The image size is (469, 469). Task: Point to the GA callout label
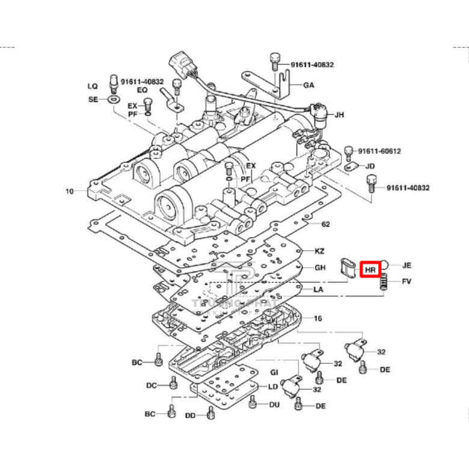pyautogui.click(x=308, y=85)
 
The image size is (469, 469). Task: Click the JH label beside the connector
pyautogui.click(x=339, y=114)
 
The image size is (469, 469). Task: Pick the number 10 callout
pyautogui.click(x=70, y=191)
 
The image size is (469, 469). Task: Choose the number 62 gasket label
pyautogui.click(x=325, y=224)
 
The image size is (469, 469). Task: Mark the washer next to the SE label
pyautogui.click(x=112, y=99)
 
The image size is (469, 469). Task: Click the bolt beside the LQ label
pyautogui.click(x=112, y=81)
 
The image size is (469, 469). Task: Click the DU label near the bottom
pyautogui.click(x=274, y=405)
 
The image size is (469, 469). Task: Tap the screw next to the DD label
pyautogui.click(x=210, y=413)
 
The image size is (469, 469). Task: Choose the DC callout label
pyautogui.click(x=152, y=385)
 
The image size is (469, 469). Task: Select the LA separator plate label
pyautogui.click(x=319, y=289)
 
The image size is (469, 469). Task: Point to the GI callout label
pyautogui.click(x=274, y=373)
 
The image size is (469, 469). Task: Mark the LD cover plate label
pyautogui.click(x=272, y=387)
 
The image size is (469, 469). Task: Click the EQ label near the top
pyautogui.click(x=143, y=90)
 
